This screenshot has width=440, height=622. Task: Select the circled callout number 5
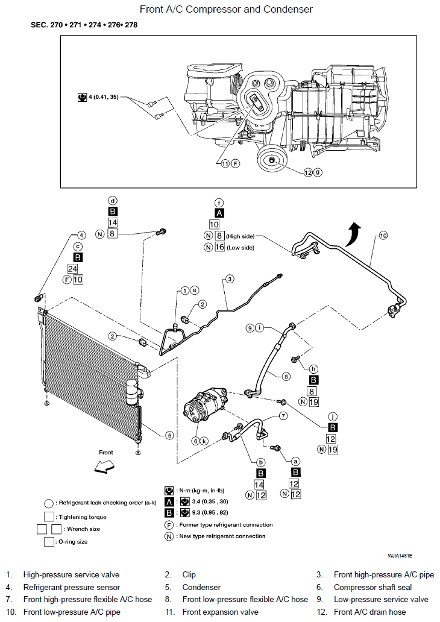[170, 435]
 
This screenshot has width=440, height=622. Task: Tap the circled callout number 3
[230, 279]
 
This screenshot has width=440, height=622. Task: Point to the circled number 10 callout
[383, 235]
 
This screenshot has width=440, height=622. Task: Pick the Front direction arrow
[104, 466]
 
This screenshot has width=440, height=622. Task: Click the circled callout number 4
[81, 235]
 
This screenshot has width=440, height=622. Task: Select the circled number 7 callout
[283, 416]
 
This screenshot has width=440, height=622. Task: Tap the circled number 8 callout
[286, 377]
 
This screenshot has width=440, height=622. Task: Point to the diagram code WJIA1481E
[400, 556]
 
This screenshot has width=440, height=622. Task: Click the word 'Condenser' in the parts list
[201, 587]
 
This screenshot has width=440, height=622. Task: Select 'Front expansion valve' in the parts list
[220, 612]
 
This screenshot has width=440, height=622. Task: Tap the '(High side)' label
[240, 236]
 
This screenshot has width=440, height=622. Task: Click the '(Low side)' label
[240, 248]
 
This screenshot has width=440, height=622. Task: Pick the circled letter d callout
[113, 201]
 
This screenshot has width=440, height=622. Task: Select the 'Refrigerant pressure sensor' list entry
[71, 587]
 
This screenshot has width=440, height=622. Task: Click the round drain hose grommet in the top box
[272, 160]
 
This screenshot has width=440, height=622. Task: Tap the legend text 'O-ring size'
[73, 541]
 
